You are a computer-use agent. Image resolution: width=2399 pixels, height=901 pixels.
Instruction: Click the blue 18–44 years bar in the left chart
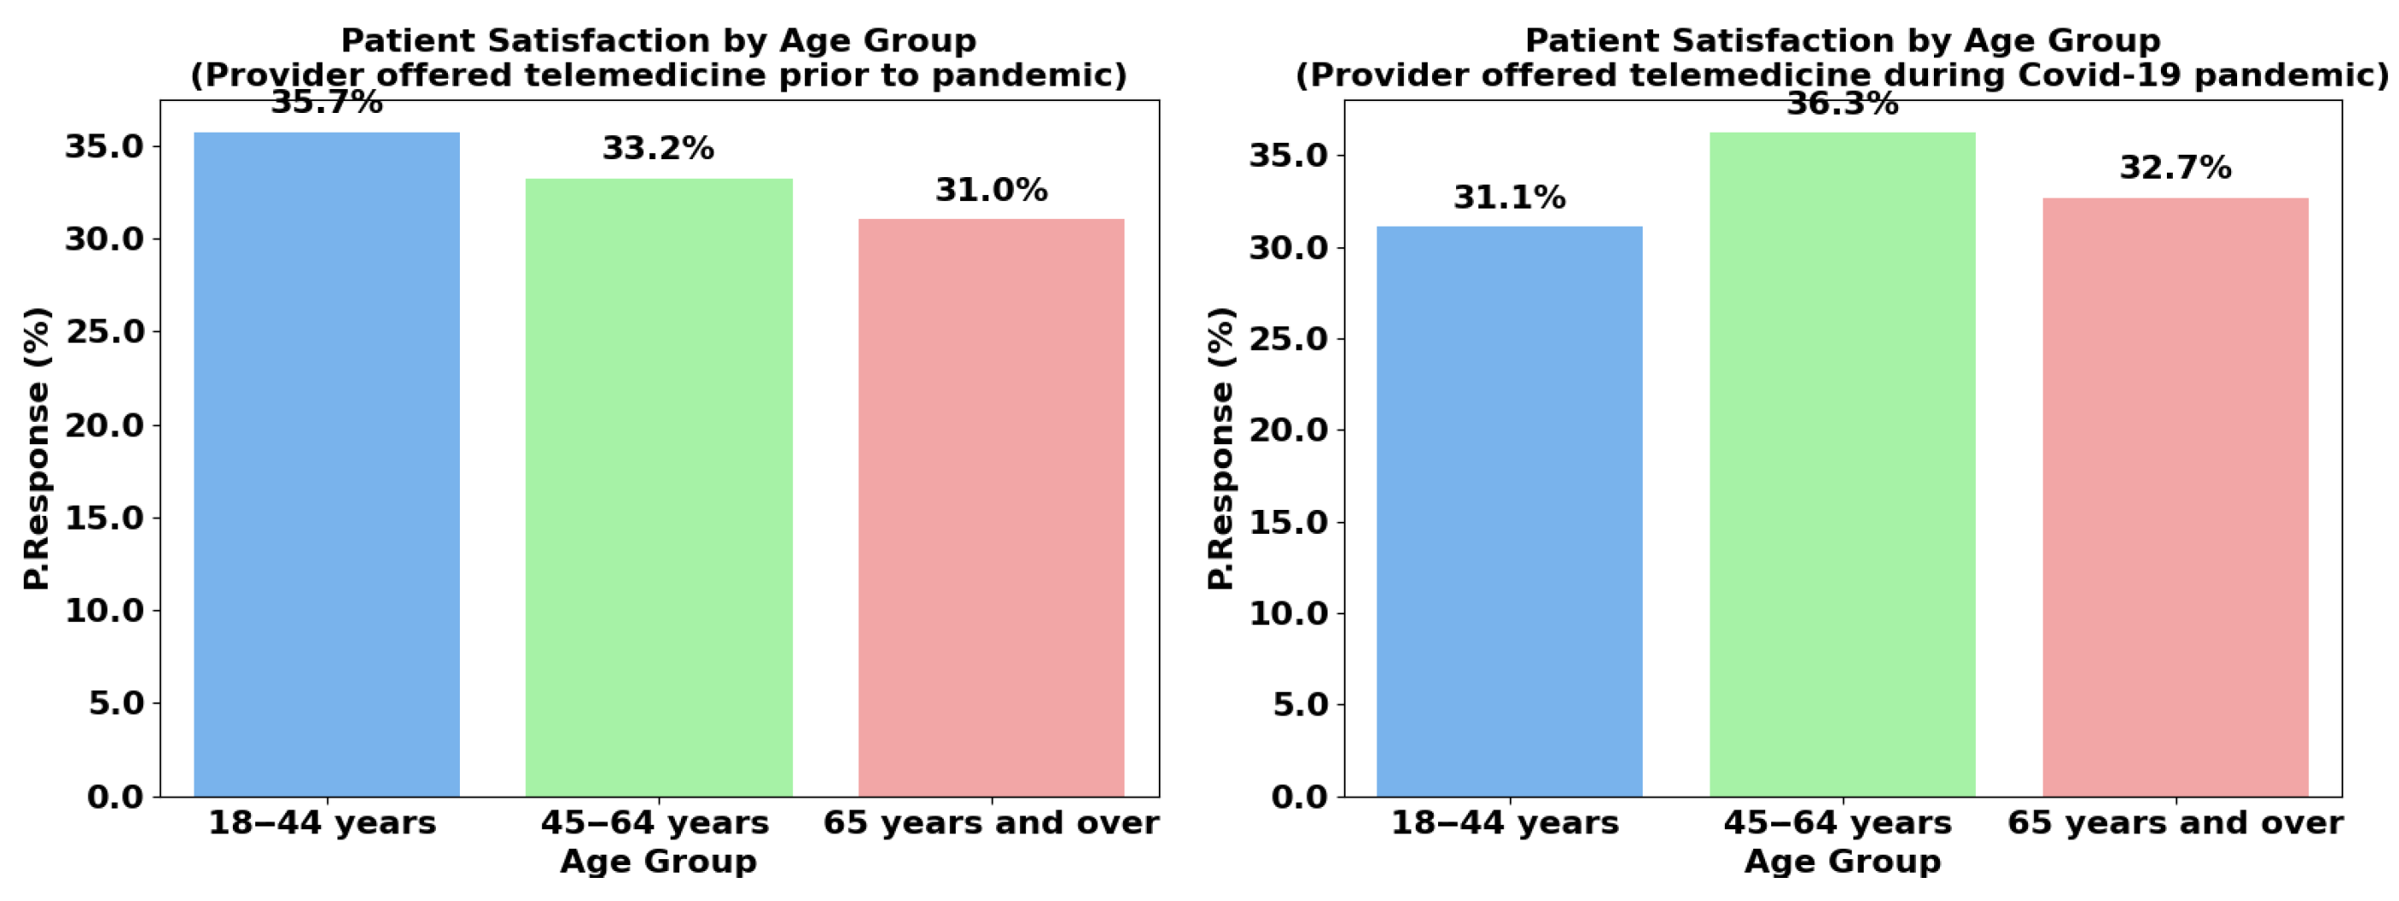point(326,465)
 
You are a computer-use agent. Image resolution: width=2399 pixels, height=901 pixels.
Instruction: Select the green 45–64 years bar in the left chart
point(659,489)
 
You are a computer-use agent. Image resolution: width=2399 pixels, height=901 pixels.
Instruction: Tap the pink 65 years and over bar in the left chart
point(991,507)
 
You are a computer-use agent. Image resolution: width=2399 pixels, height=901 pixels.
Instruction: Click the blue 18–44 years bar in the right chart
point(1510,512)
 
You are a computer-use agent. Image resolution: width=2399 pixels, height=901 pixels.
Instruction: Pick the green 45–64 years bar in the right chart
point(1842,465)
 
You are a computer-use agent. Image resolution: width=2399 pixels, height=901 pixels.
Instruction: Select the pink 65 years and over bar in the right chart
point(2175,498)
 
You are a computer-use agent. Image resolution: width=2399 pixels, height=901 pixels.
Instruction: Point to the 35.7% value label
point(326,104)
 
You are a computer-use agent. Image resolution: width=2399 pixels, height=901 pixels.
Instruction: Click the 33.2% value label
point(659,148)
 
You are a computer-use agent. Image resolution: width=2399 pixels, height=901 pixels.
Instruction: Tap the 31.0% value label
point(991,190)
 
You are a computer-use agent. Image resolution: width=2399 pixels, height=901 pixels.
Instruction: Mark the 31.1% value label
point(1510,198)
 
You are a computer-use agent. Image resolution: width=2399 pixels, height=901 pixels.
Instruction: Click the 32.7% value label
point(2175,168)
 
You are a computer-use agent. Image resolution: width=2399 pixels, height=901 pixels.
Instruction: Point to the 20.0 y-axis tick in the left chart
point(104,425)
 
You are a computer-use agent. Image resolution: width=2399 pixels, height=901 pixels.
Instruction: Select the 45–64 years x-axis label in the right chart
point(1837,823)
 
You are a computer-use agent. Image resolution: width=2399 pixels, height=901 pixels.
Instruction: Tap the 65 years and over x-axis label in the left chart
point(991,823)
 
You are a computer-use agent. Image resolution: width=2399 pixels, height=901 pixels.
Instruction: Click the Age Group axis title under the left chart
point(659,861)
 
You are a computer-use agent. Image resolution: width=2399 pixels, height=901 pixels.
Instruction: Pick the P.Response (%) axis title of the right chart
point(1221,448)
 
